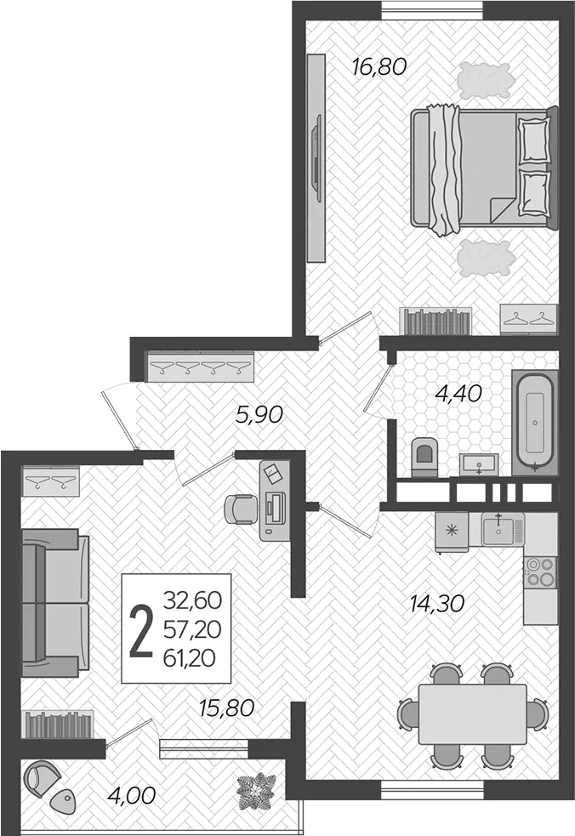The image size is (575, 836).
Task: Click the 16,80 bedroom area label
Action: pos(379,66)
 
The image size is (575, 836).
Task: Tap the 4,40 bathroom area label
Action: pos(458,394)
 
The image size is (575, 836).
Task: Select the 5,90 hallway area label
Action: pos(259,414)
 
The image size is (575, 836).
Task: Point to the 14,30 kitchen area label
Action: pos(437,604)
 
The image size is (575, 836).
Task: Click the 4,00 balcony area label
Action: pos(132,796)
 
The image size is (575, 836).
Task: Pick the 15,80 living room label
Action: pos(227,708)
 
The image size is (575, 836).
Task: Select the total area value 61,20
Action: pos(190,658)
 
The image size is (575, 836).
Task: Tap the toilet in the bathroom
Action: pos(424,457)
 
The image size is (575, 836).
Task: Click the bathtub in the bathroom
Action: pos(535,422)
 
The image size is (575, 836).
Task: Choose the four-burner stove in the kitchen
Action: pos(540,572)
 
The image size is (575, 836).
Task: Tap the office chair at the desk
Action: pos(241,509)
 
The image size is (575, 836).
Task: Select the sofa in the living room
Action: pos(55,603)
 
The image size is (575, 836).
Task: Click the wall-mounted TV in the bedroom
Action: pos(316,158)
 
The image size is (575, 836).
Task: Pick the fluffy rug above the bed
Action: pos(486,81)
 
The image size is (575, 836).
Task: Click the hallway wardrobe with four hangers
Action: pos(200,367)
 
